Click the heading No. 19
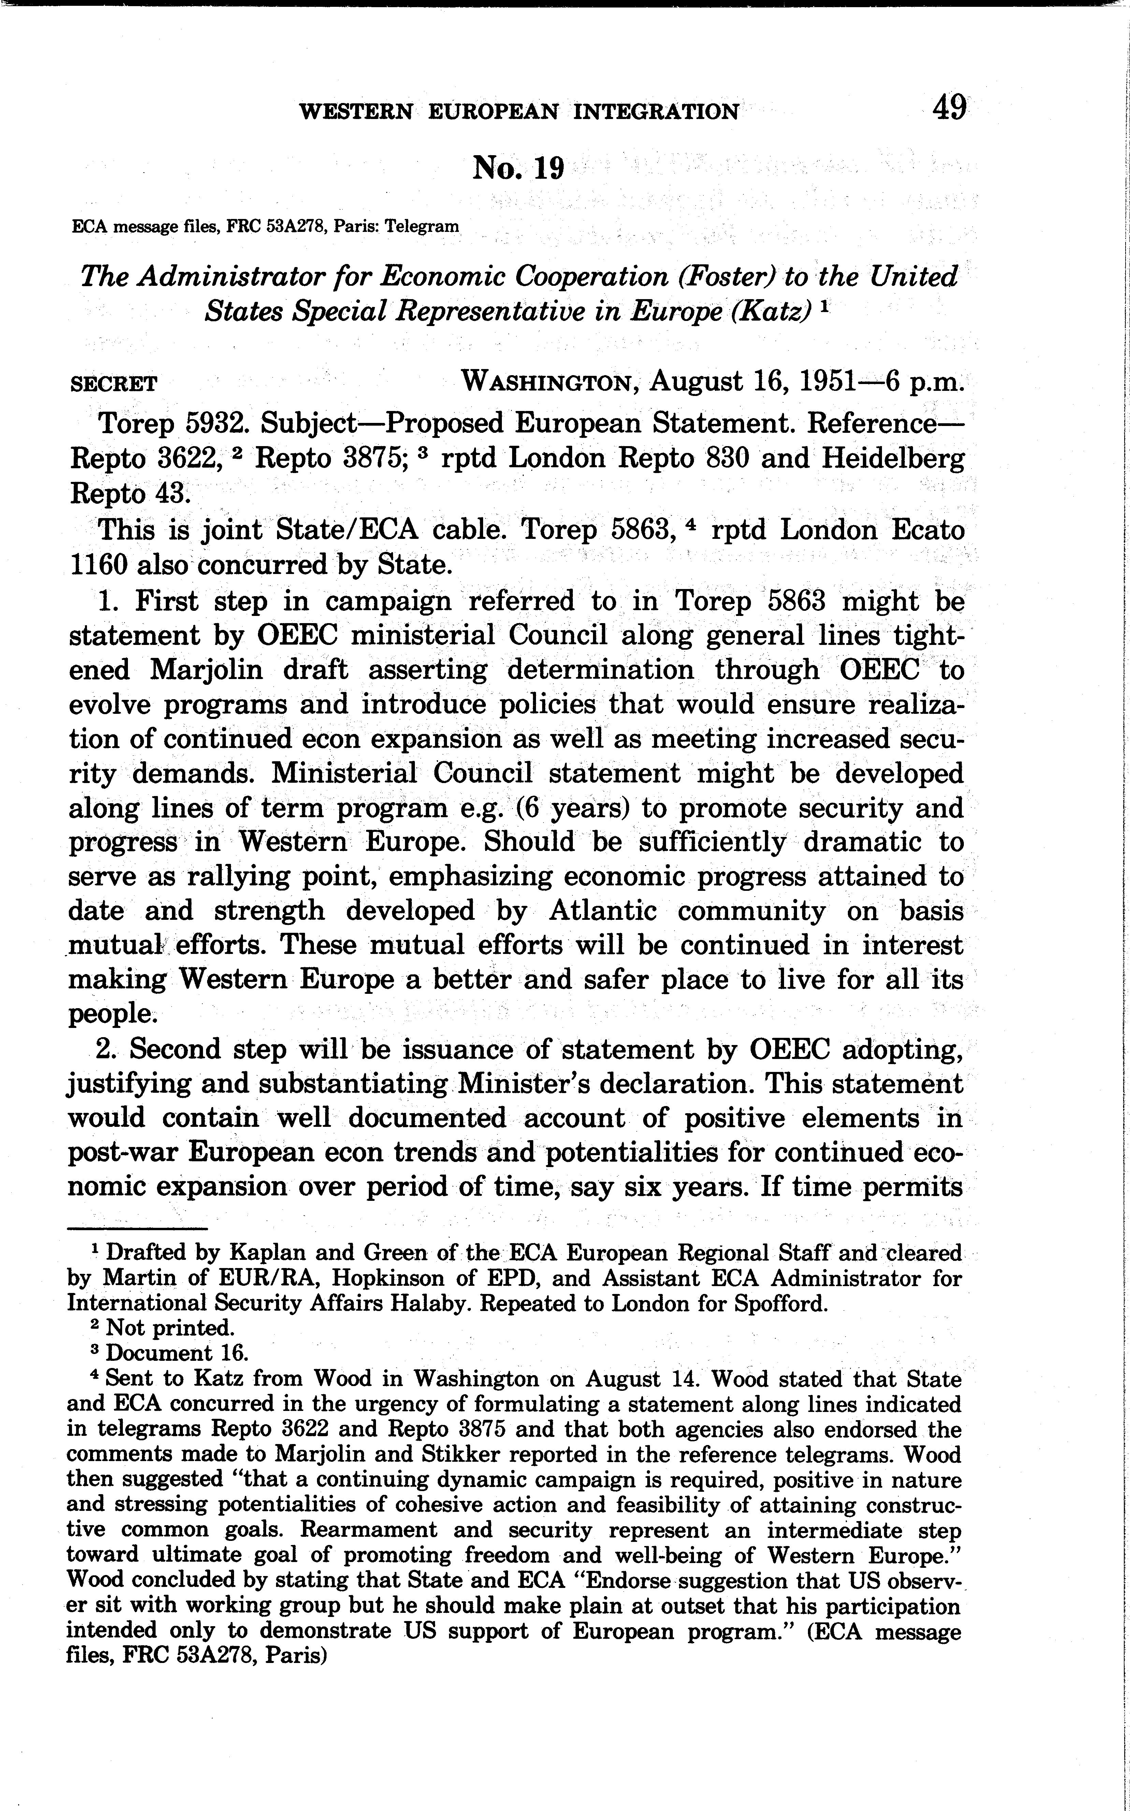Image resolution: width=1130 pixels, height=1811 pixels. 518,169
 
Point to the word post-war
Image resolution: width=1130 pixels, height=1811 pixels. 119,1153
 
